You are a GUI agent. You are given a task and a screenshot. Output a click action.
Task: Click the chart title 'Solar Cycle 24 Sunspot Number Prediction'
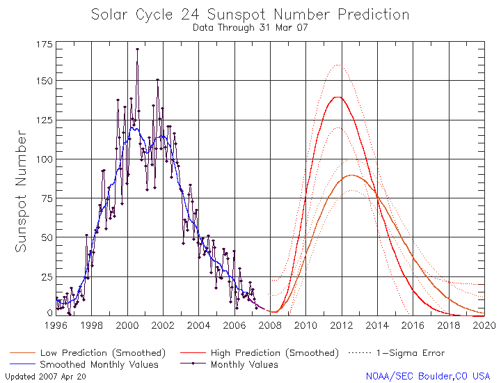250,15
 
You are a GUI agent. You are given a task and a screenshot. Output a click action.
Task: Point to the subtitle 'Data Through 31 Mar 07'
250,28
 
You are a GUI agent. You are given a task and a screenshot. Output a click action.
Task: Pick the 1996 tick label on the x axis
56,325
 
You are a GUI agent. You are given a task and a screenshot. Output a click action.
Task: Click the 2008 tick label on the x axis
271,325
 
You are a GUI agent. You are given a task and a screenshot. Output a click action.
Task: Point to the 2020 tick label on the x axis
484,325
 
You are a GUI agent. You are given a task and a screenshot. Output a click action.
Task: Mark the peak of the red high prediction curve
338,97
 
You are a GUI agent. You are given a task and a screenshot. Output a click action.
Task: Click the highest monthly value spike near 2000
137,49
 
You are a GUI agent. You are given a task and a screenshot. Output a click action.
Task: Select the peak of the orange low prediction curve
352,175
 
